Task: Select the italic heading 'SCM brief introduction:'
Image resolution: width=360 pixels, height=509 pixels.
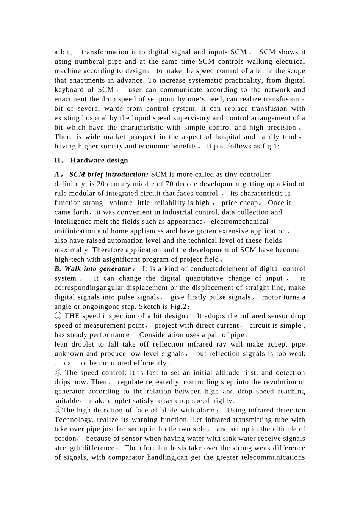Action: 109,175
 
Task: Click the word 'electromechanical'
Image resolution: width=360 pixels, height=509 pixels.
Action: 239,222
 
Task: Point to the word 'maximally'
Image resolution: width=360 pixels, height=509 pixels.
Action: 71,250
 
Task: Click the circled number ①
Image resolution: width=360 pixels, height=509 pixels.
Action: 58,316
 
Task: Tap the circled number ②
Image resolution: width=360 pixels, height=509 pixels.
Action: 58,373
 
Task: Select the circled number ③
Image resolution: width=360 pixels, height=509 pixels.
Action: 58,410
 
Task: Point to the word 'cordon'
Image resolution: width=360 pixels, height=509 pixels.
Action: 66,439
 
